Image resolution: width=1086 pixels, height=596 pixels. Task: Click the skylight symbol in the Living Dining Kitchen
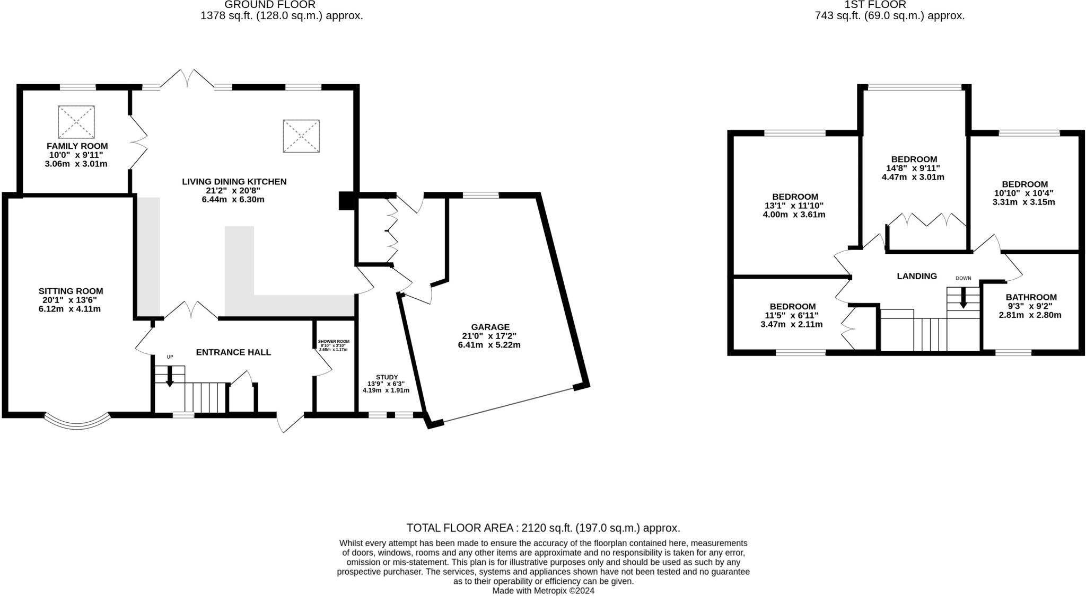[x=301, y=136]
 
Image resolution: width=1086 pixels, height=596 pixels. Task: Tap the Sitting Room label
[x=71, y=291]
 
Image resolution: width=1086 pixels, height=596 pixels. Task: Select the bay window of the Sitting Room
[x=77, y=422]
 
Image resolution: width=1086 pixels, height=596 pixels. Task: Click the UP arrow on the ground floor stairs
[x=170, y=377]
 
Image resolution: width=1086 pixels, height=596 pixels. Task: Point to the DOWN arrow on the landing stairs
[x=963, y=298]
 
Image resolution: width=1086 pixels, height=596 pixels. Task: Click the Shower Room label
[x=334, y=342]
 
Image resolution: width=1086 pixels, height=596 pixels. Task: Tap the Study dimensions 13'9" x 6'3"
[x=386, y=384]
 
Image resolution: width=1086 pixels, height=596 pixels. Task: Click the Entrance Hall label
[x=233, y=352]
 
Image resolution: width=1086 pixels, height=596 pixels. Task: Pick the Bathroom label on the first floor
[x=1031, y=297]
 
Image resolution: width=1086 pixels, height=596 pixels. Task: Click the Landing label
[x=916, y=276]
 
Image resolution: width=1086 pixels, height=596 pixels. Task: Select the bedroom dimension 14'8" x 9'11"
[x=913, y=168]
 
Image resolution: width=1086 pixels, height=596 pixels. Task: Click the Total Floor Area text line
[x=543, y=528]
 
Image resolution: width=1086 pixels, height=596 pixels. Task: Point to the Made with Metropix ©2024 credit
[x=543, y=590]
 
